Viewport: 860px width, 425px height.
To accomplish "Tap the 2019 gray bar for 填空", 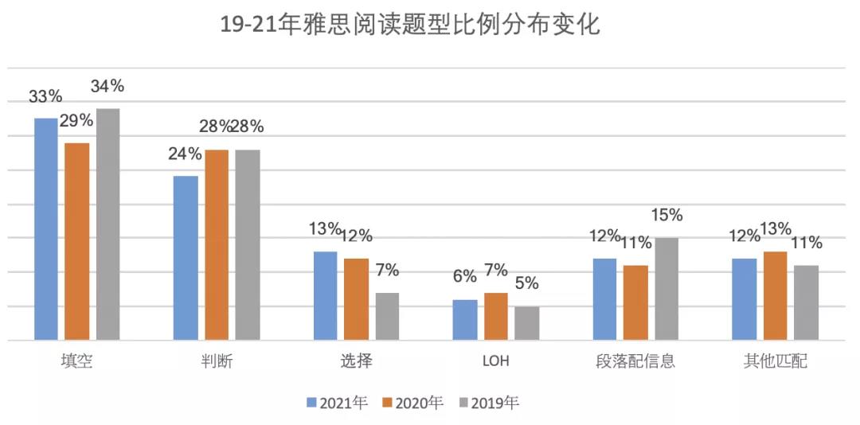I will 107,224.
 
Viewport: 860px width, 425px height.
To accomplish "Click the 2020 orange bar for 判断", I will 217,245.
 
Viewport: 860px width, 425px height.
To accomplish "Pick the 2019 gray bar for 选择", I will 387,316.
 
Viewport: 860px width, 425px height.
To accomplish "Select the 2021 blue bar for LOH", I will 464,320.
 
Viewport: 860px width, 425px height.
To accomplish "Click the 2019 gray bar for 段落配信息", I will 666,289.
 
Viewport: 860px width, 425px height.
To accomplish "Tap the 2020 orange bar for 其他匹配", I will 776,296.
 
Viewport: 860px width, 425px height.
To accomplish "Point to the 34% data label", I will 107,86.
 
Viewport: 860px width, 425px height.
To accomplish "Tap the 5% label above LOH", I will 526,283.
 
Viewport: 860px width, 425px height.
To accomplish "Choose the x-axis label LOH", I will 495,361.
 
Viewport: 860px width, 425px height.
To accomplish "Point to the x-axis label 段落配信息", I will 635,361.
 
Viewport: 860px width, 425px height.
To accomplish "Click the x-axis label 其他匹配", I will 775,361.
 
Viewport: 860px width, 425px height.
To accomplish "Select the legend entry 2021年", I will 338,403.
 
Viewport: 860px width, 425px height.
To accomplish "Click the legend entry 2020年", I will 413,403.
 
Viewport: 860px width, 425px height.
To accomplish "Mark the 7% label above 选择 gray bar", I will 387,270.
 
